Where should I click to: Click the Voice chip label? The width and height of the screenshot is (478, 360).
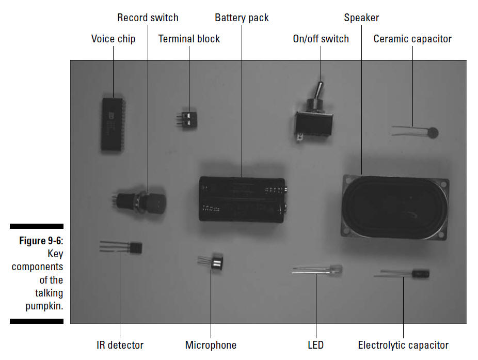(113, 39)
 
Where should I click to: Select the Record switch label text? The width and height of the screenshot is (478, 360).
(148, 18)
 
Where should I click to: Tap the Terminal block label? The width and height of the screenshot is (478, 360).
(189, 39)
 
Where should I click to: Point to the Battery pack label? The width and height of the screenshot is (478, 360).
(242, 18)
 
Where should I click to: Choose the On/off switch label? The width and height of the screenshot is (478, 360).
(321, 39)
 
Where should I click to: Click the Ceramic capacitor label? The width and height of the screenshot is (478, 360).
(412, 39)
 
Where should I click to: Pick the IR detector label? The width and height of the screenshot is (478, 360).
(120, 345)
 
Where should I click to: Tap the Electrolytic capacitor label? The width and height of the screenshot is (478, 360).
(403, 346)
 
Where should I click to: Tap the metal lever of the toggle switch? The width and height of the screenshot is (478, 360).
(319, 91)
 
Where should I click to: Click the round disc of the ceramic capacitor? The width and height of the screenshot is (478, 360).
(432, 133)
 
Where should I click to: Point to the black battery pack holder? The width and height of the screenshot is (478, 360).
(243, 199)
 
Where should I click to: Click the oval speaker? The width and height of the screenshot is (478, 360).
(394, 207)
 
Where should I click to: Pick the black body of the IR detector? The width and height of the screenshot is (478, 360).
(135, 247)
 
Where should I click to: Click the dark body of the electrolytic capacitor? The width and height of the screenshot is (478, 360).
(420, 274)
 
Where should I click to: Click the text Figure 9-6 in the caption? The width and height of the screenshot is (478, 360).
(41, 241)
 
